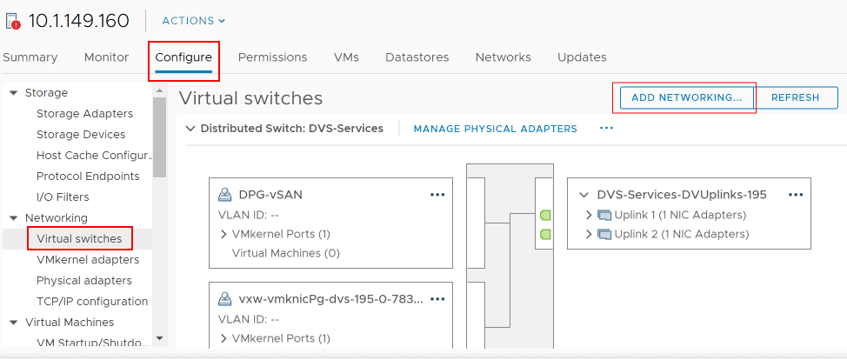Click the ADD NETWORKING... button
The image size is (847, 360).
click(x=686, y=97)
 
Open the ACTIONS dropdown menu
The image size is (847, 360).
click(x=193, y=21)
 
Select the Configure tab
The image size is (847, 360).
click(x=183, y=57)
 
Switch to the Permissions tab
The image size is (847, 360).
click(x=272, y=57)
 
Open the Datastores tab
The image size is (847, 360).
click(x=417, y=57)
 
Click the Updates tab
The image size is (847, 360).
click(x=582, y=57)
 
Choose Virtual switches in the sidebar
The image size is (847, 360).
click(x=79, y=238)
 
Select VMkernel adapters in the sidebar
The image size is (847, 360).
click(x=87, y=259)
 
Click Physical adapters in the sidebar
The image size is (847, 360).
click(x=83, y=280)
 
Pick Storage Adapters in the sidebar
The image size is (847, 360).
click(x=84, y=113)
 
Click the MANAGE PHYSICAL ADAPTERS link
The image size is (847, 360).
click(x=495, y=129)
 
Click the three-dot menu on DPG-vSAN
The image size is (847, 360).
click(x=437, y=195)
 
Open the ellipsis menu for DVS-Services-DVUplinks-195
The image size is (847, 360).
click(x=795, y=195)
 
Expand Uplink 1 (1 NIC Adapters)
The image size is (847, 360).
click(x=590, y=215)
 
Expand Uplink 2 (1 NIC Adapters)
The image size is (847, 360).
click(x=590, y=234)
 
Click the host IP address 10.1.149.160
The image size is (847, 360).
click(x=79, y=21)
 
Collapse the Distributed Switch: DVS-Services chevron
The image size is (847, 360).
click(x=190, y=129)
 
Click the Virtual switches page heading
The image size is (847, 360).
click(x=250, y=98)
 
